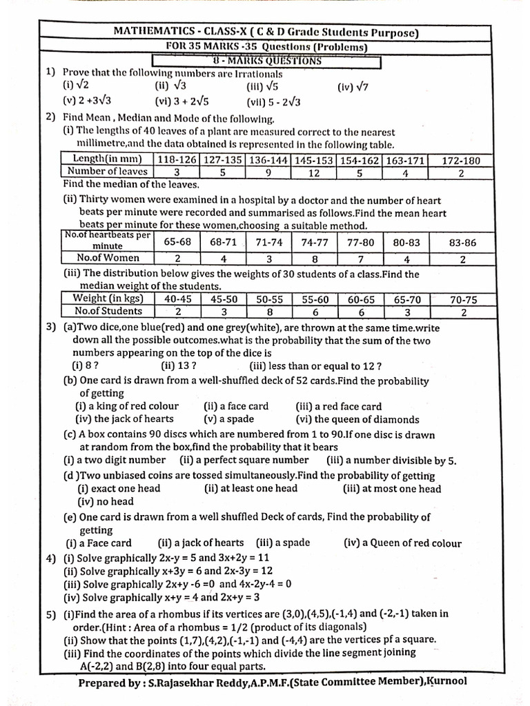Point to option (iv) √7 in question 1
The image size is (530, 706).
(353, 87)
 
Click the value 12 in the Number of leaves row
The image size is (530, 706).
(313, 172)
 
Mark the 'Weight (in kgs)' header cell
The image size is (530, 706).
(108, 299)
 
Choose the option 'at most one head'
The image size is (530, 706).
(392, 489)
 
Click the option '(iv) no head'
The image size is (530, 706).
(105, 502)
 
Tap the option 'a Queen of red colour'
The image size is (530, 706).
(402, 543)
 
